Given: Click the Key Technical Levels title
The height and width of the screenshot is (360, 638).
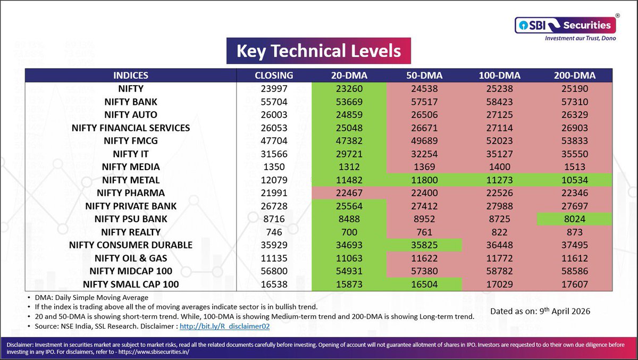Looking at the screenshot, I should pyautogui.click(x=318, y=51).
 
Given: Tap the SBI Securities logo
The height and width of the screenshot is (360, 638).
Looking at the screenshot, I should pyautogui.click(x=565, y=25).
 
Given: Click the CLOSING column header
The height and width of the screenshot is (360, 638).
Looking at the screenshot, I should pyautogui.click(x=274, y=76).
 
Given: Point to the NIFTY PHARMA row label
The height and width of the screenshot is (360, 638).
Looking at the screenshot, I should pyautogui.click(x=130, y=193).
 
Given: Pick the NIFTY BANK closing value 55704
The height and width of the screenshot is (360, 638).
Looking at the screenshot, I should pyautogui.click(x=274, y=102).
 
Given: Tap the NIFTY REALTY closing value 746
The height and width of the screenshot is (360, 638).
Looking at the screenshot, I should pyautogui.click(x=274, y=232).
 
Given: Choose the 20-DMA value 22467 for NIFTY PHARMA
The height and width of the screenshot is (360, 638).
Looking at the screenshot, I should pyautogui.click(x=349, y=193).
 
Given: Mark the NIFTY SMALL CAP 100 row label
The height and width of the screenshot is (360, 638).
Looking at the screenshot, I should pyautogui.click(x=130, y=284).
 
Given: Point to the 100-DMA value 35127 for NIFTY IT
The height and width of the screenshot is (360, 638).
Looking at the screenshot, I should pyautogui.click(x=499, y=154).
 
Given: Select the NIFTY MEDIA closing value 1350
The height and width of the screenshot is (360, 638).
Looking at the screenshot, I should pyautogui.click(x=274, y=167).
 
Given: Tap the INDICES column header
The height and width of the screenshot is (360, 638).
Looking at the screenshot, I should pyautogui.click(x=130, y=76).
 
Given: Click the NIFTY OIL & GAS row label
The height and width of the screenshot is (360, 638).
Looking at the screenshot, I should pyautogui.click(x=130, y=258).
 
